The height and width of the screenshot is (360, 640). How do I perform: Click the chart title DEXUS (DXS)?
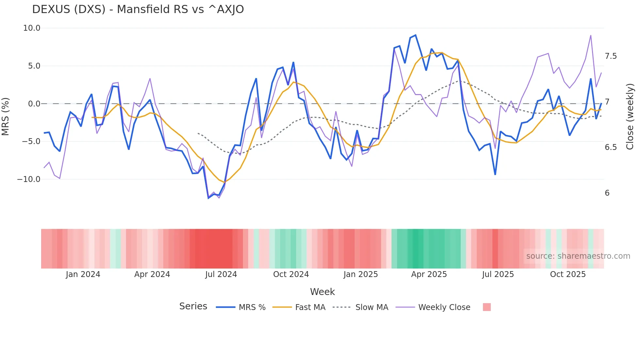tap(138, 9)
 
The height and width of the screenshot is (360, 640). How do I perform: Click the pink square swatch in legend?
tap(487, 307)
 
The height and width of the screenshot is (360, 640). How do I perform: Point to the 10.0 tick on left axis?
tap(32, 28)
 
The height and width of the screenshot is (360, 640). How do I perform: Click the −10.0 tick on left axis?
tap(29, 179)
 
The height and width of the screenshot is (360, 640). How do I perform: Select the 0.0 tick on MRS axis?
tap(34, 104)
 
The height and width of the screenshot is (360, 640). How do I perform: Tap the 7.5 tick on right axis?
tap(611, 56)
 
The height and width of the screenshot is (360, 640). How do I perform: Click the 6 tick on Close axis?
tap(607, 193)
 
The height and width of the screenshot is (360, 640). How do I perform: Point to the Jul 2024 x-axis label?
tap(221, 274)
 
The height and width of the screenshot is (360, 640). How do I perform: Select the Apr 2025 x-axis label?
tap(429, 274)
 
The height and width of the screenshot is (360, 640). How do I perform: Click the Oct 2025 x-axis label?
tap(568, 274)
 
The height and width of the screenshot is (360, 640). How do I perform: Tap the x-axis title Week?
tap(322, 292)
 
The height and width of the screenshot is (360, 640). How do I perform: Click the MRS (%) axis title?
tap(6, 117)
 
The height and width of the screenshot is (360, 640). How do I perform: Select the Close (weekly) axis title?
tap(630, 117)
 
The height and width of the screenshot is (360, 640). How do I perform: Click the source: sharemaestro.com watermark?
tap(578, 256)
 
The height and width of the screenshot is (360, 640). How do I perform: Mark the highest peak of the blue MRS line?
tap(415, 35)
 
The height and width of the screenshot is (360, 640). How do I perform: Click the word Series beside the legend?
tap(193, 306)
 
